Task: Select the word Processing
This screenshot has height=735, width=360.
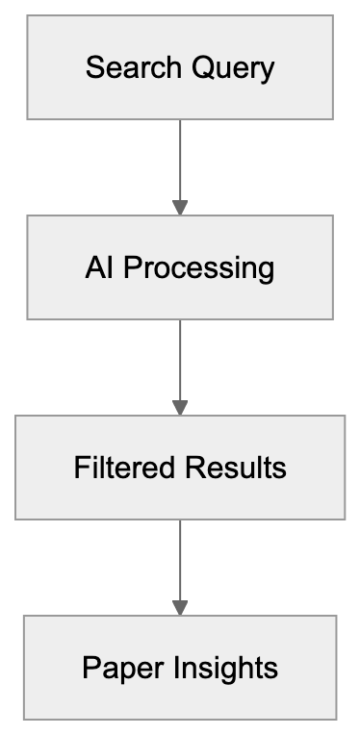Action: coord(199,267)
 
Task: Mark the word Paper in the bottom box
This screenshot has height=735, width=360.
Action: coord(116,668)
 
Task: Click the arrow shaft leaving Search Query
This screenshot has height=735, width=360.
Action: coord(180,159)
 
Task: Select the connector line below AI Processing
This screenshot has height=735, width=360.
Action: coord(180,358)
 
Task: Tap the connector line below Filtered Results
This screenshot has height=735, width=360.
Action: coord(180,558)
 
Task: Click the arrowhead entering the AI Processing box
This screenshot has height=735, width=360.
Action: coord(180,207)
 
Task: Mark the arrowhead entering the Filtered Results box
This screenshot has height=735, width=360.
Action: coord(180,407)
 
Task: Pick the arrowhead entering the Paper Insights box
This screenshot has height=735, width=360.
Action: coord(180,607)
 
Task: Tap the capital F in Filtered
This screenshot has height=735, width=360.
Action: coord(81,468)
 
